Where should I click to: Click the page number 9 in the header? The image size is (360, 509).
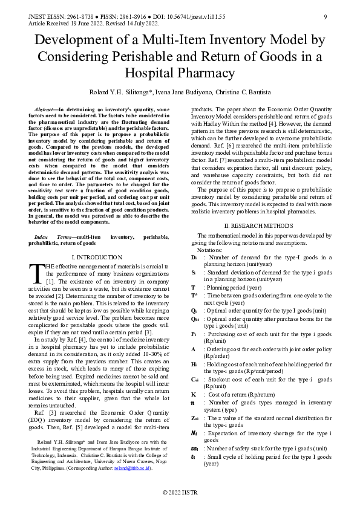pyautogui.click(x=326, y=16)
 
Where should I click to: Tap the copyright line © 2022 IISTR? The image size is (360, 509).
pyautogui.click(x=180, y=494)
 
